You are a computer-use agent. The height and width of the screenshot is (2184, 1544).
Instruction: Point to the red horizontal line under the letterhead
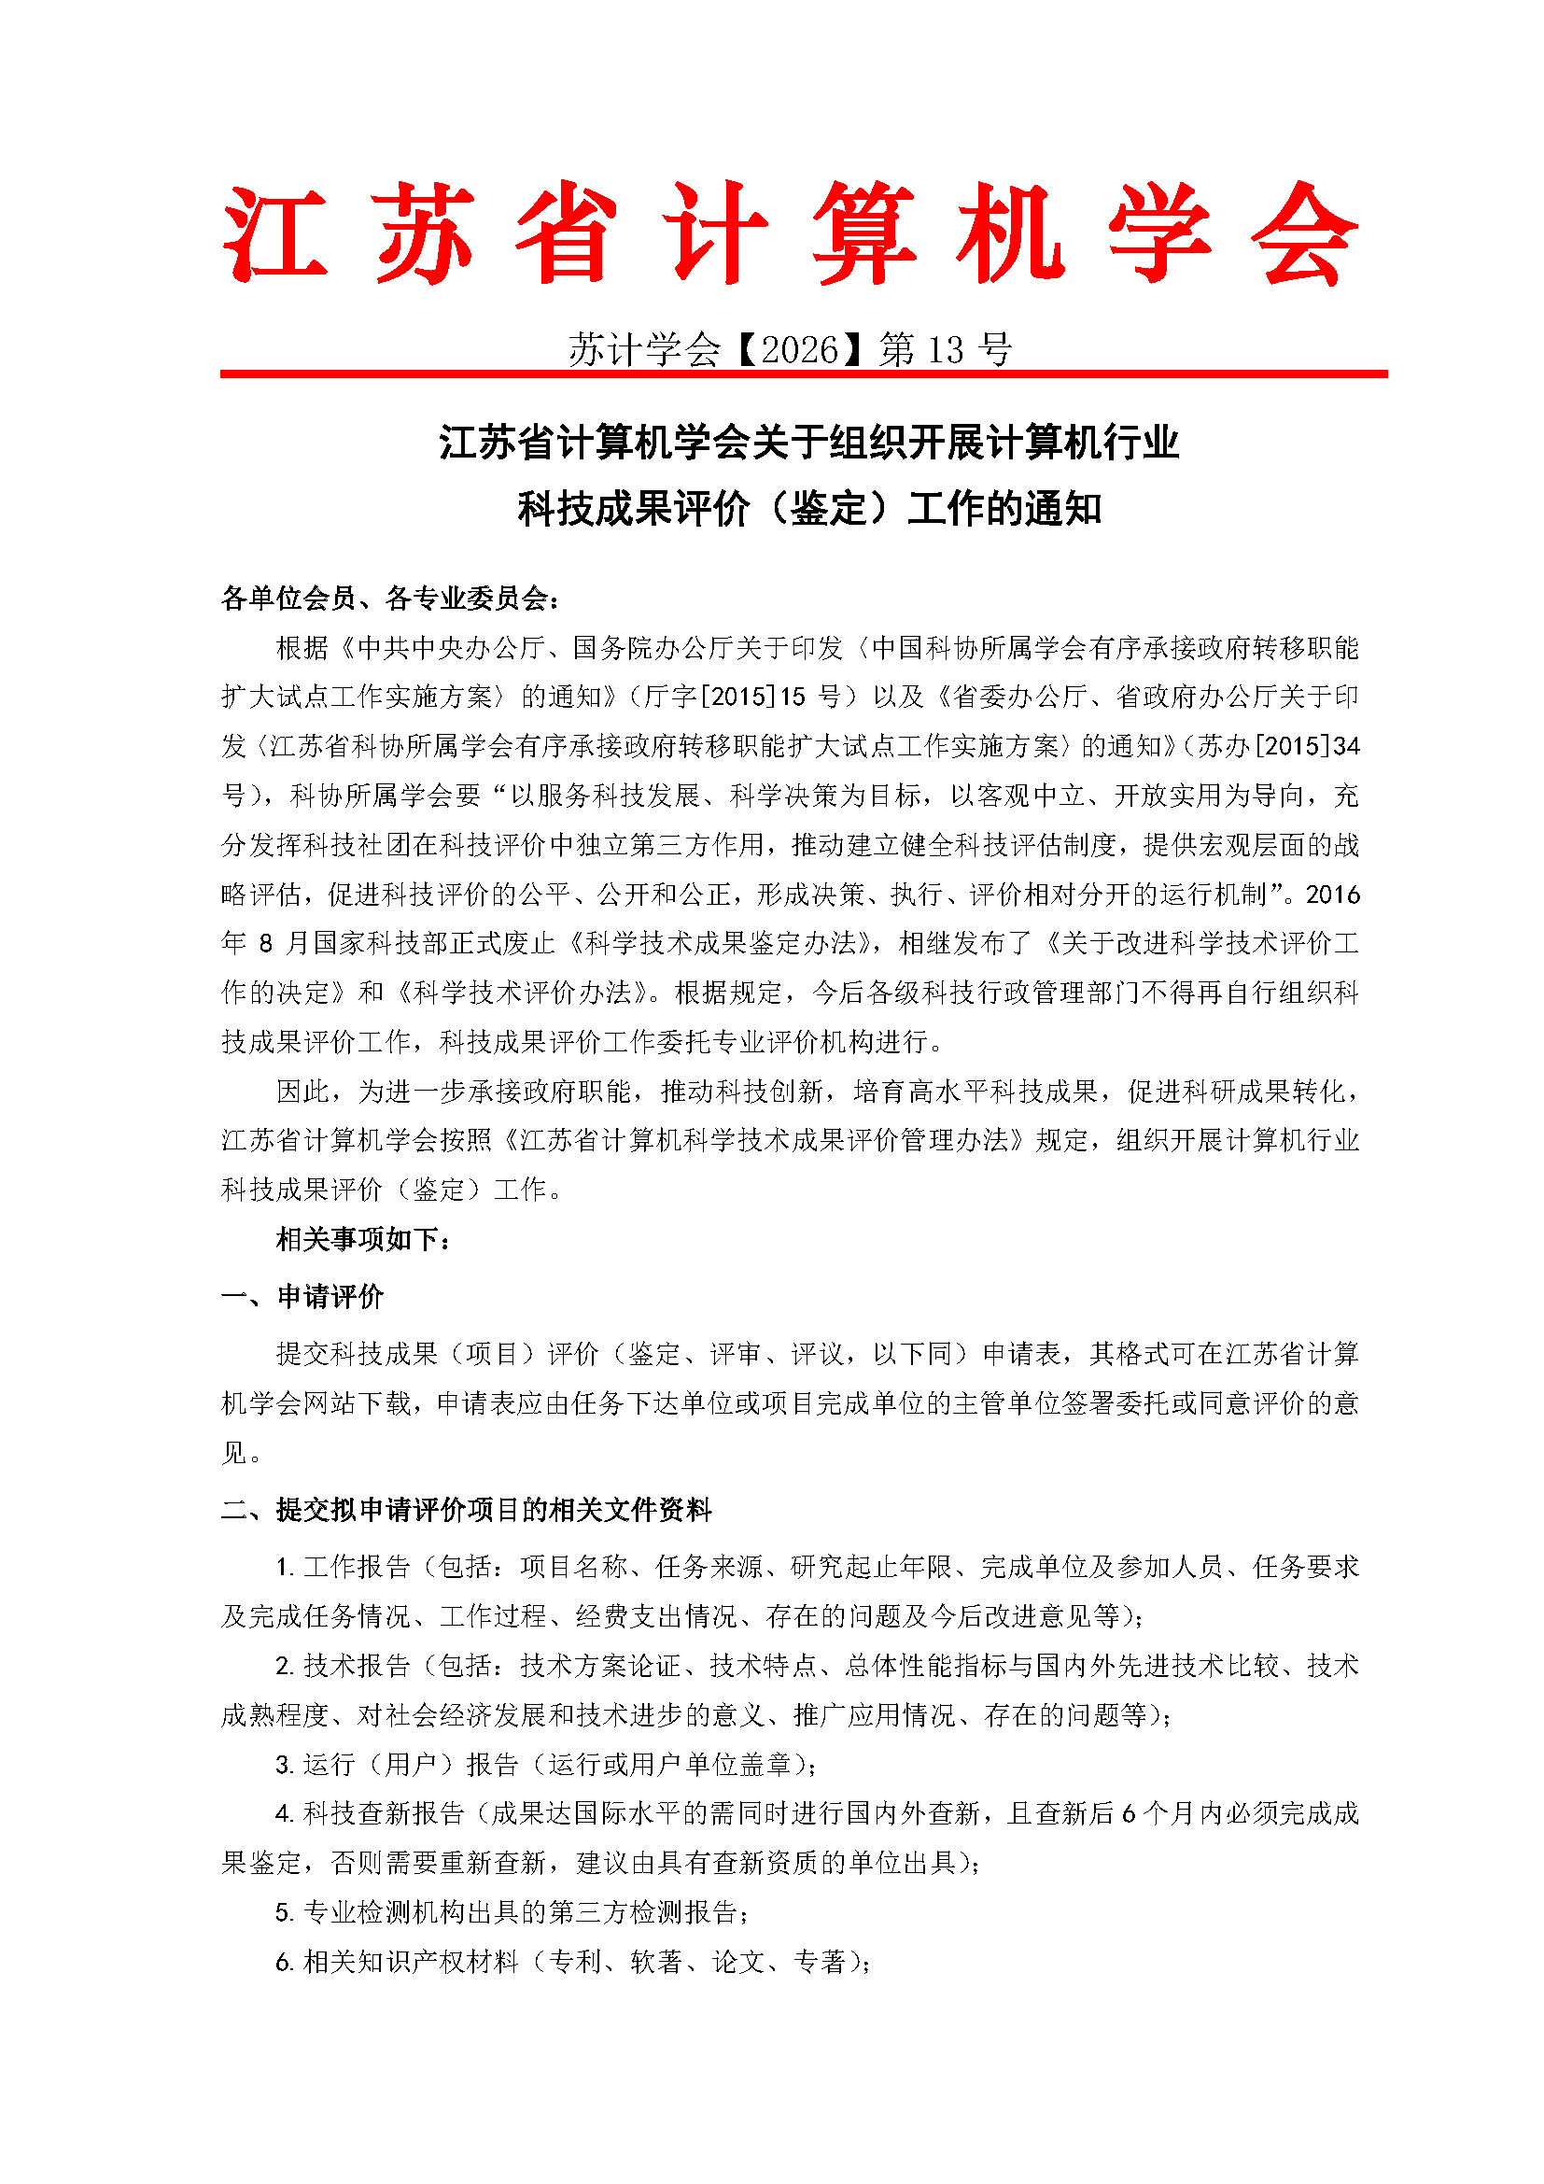[x=804, y=373]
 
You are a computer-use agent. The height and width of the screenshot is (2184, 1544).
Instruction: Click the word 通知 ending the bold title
[x=1064, y=509]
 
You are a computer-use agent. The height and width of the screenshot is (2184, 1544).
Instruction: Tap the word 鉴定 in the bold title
[x=829, y=509]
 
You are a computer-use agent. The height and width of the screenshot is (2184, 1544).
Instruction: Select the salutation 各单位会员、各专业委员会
[x=385, y=598]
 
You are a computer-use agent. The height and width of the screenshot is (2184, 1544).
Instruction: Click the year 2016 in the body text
[x=1332, y=895]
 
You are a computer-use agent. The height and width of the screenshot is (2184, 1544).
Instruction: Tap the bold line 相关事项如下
[x=358, y=1238]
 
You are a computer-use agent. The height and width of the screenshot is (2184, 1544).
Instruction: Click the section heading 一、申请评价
[x=302, y=1296]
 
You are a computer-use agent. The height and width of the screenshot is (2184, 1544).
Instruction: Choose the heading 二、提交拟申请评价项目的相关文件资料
[x=467, y=1510]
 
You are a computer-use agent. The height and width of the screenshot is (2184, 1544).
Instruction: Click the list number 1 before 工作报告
[x=281, y=1567]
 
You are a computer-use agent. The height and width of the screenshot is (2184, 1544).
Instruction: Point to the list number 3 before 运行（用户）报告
[x=281, y=1765]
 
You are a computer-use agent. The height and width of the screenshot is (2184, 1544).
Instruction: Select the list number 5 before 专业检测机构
[x=281, y=1912]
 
